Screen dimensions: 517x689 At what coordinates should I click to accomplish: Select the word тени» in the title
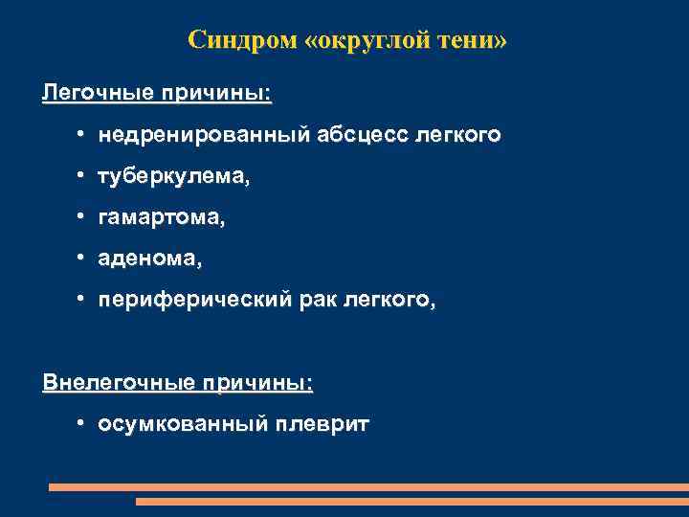click(476, 40)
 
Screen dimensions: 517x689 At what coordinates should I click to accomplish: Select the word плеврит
click(322, 423)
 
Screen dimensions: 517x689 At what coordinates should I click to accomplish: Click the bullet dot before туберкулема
click(84, 177)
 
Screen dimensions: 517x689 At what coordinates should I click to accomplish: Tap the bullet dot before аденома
click(84, 259)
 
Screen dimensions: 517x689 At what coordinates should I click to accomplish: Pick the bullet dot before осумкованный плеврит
click(84, 423)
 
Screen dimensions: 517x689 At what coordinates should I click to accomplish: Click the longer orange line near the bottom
click(368, 487)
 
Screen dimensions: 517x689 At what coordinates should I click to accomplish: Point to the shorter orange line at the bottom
click(411, 501)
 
